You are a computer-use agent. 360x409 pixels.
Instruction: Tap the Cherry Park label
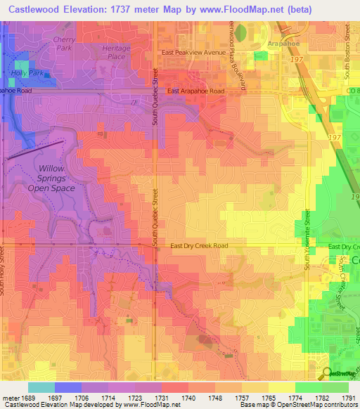click(x=64, y=44)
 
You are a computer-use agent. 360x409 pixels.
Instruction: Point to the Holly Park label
click(x=25, y=73)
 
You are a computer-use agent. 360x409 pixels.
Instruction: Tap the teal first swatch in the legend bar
click(x=41, y=387)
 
